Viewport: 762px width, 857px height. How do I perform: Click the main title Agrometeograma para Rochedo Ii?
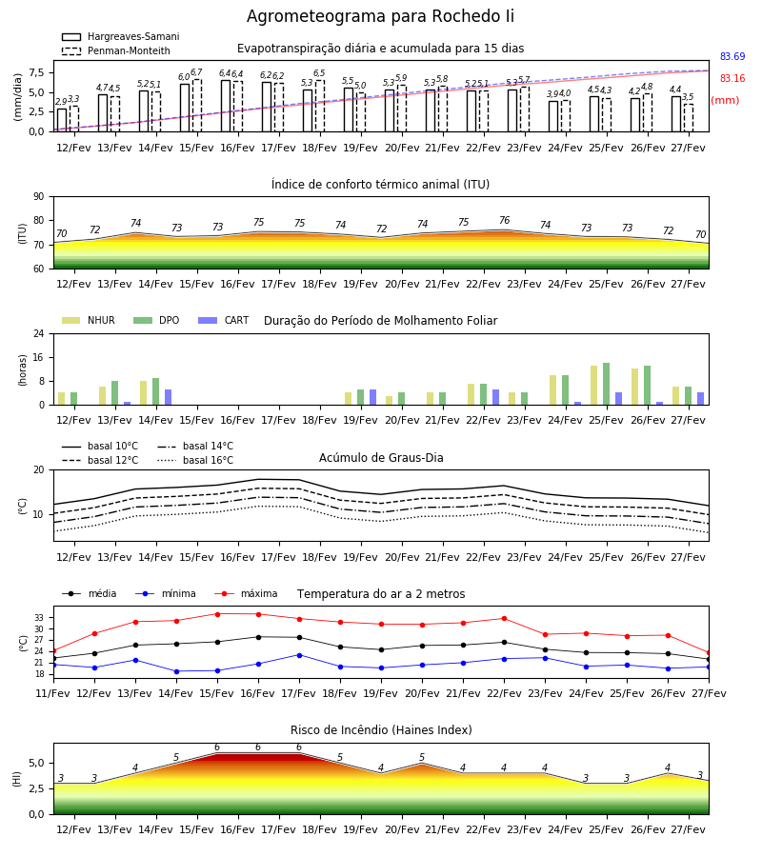(x=380, y=16)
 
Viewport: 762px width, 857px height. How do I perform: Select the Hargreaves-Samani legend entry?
(x=121, y=36)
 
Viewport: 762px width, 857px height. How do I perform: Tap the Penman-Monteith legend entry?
(x=116, y=50)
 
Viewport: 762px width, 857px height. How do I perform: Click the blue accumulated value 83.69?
(x=732, y=56)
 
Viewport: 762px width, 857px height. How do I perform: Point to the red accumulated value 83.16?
(x=732, y=78)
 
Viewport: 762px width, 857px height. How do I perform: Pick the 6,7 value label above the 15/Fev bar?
(x=196, y=72)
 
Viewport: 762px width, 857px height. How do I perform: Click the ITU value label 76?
(x=505, y=220)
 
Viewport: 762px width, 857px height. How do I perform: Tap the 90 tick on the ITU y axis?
(x=39, y=197)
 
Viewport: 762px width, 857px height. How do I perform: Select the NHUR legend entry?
(x=89, y=320)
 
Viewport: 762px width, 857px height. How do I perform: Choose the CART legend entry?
(x=224, y=320)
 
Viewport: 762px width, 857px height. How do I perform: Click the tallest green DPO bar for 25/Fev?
(x=606, y=384)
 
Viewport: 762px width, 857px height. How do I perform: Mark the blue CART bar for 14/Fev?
(x=169, y=397)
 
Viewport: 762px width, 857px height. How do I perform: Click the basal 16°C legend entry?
(x=195, y=460)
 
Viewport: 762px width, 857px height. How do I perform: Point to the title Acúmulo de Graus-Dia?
(x=381, y=457)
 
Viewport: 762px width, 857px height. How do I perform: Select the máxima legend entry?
(x=247, y=593)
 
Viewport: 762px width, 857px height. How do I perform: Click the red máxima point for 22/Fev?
(x=505, y=618)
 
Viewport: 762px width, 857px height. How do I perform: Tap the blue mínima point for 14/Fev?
(x=176, y=671)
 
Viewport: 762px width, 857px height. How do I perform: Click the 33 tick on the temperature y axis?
(x=39, y=618)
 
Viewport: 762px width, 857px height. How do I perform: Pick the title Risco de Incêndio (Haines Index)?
(x=381, y=729)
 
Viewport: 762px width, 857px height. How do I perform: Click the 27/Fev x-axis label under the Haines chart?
(x=689, y=829)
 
